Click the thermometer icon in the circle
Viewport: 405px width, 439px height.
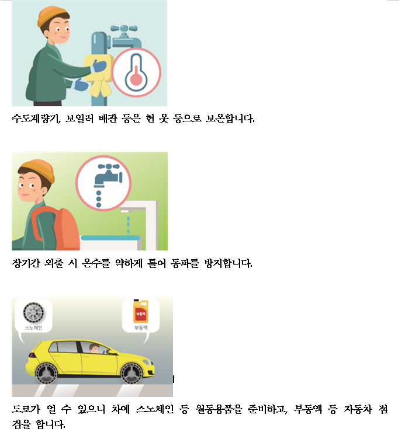pyautogui.click(x=136, y=73)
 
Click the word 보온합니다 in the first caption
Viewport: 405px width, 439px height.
pyautogui.click(x=230, y=119)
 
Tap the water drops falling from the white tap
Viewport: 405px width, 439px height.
pyautogui.click(x=128, y=225)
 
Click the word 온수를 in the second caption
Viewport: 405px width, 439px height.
pyautogui.click(x=96, y=263)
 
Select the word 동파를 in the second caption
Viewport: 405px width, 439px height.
pyautogui.click(x=185, y=263)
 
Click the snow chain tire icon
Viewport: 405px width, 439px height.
pyautogui.click(x=34, y=313)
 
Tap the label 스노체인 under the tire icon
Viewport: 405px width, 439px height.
pyautogui.click(x=34, y=328)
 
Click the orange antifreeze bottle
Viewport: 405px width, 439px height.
pyautogui.click(x=141, y=311)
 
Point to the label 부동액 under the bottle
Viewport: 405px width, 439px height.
pyautogui.click(x=141, y=327)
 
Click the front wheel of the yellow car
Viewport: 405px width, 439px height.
pyautogui.click(x=131, y=374)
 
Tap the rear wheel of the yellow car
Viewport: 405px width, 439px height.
pyautogui.click(x=46, y=374)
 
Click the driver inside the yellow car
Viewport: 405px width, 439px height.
pyautogui.click(x=95, y=349)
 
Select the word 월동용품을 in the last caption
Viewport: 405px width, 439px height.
pyautogui.click(x=219, y=409)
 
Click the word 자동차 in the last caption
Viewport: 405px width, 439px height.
pyautogui.click(x=358, y=409)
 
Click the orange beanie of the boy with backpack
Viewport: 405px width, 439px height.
pyautogui.click(x=38, y=169)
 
